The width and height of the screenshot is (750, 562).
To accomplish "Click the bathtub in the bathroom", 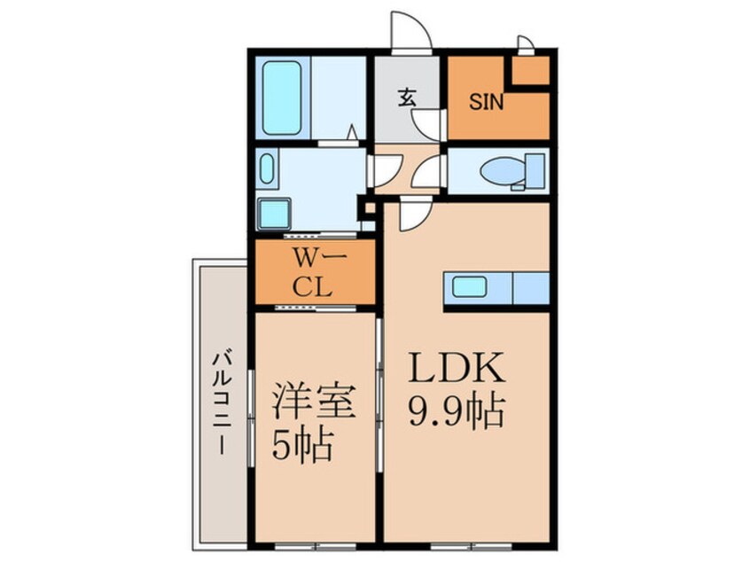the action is click(282, 98).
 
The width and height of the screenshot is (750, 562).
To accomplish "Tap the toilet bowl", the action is click(503, 171).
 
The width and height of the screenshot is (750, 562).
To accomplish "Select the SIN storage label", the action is click(486, 102).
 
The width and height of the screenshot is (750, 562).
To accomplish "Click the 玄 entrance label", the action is click(408, 98).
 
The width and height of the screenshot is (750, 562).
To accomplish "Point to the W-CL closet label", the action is click(314, 274).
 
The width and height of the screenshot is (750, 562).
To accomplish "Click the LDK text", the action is click(457, 367).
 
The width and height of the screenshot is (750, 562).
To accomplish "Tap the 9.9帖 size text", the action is click(457, 410).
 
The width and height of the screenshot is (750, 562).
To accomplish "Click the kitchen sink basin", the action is click(470, 287).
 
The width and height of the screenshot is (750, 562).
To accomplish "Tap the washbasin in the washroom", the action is click(268, 168).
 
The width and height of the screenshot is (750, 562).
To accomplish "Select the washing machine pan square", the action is click(274, 214).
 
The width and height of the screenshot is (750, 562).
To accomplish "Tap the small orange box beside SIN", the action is click(530, 70).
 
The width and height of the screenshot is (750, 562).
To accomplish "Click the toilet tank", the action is click(535, 171).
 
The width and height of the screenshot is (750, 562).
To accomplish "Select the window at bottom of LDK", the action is click(472, 546).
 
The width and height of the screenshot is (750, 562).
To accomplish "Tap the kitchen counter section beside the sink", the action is click(531, 287).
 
